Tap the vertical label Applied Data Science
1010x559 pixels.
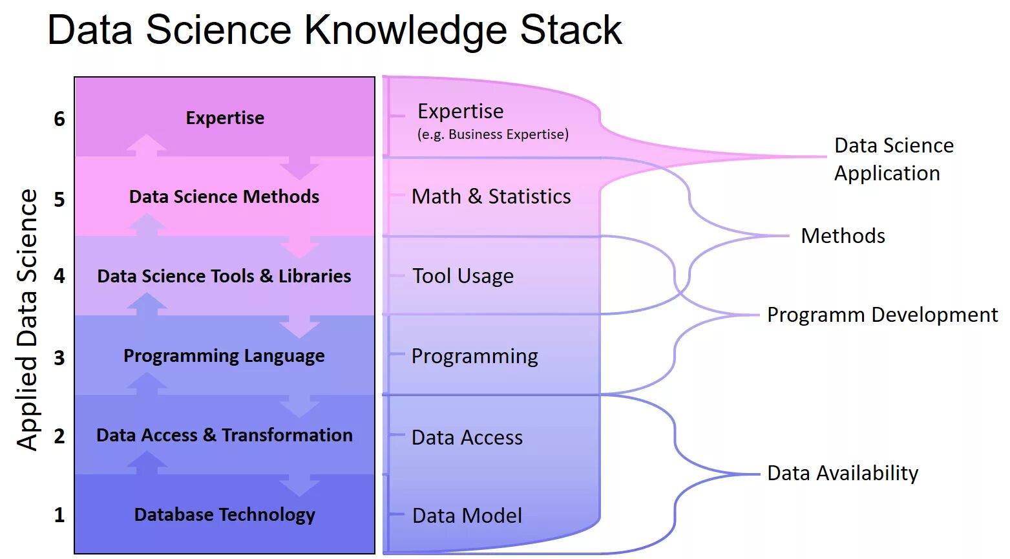[x=27, y=319]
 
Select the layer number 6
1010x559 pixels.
[x=59, y=119]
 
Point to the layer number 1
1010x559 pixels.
[x=59, y=515]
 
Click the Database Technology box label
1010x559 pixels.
[x=224, y=515]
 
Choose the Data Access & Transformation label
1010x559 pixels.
[x=224, y=436]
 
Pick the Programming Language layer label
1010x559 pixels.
[x=224, y=356]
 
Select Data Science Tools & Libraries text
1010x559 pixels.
[x=224, y=277]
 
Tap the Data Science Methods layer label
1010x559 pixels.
[x=224, y=197]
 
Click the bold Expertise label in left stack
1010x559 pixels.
[x=225, y=118]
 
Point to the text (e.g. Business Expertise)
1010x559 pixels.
[x=493, y=134]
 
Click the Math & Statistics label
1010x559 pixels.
[x=491, y=196]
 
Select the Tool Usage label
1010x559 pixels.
[x=463, y=277]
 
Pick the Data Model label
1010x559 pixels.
[x=467, y=516]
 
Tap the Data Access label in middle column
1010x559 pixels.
[x=467, y=438]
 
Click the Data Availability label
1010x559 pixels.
[x=843, y=473]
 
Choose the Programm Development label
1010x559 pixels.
[x=882, y=315]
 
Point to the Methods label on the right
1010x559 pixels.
[x=843, y=236]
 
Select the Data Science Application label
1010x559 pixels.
[x=893, y=159]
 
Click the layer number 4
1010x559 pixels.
[x=59, y=277]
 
